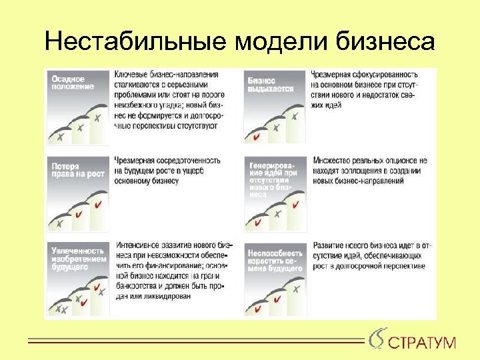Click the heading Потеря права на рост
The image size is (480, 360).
tap(71, 171)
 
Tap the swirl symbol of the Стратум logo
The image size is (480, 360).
tap(377, 339)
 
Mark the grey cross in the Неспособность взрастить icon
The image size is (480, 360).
tap(295, 289)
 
